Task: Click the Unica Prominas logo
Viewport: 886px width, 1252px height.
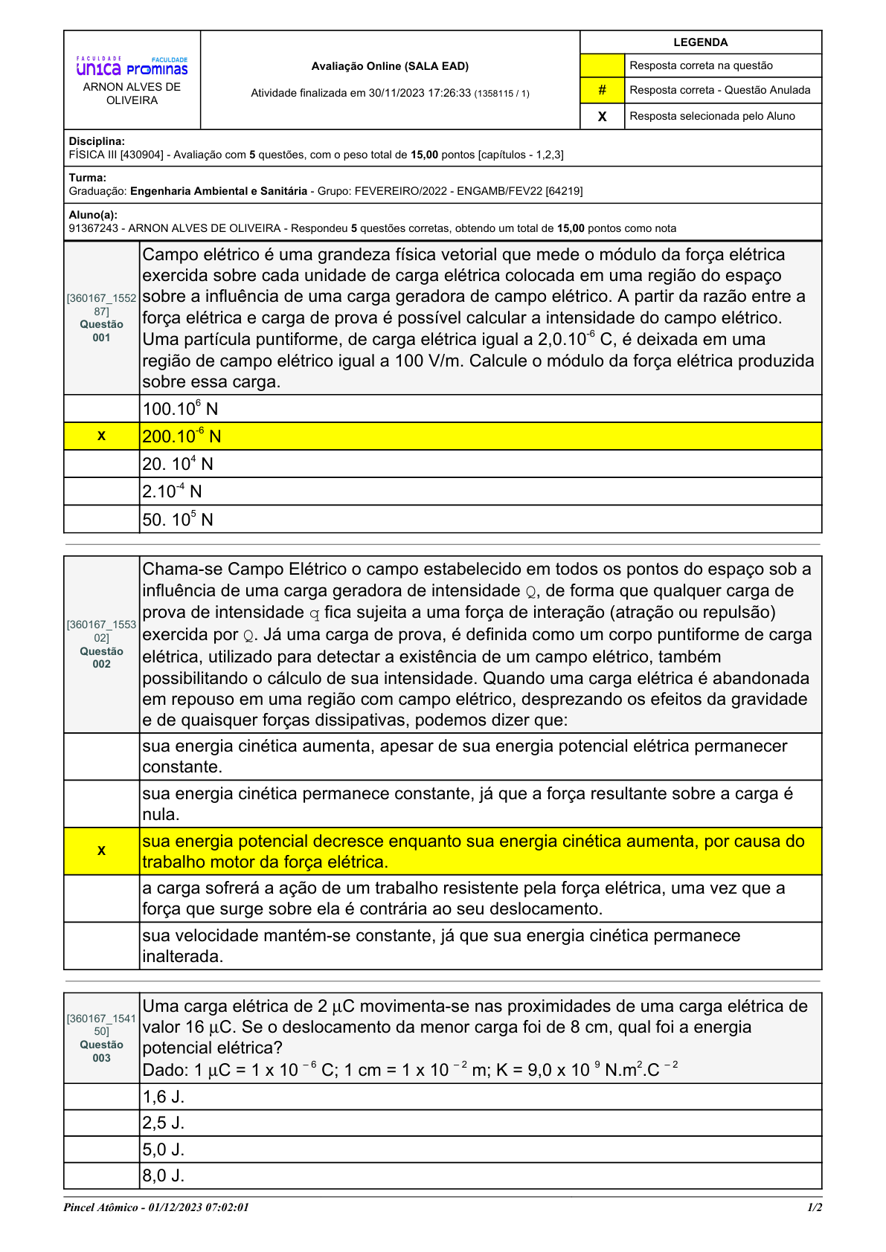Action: click(132, 67)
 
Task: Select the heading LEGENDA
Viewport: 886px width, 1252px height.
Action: click(700, 42)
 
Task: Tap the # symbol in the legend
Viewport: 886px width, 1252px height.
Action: click(602, 90)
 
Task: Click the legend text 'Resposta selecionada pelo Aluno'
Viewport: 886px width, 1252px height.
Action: click(712, 116)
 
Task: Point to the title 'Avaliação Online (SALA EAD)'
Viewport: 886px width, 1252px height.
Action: click(390, 66)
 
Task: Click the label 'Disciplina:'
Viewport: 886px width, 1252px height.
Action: click(97, 141)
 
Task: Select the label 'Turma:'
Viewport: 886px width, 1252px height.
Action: click(88, 178)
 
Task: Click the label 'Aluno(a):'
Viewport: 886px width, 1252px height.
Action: click(93, 215)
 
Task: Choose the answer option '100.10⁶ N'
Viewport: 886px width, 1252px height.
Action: click(180, 409)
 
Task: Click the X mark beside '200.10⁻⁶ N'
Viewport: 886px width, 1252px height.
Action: click(101, 436)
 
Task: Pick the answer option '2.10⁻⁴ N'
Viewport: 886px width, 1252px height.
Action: click(172, 491)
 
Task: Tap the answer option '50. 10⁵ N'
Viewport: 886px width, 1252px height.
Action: click(178, 520)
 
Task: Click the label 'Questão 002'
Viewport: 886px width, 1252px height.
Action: click(102, 657)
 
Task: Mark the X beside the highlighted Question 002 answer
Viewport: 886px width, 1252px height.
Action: click(101, 851)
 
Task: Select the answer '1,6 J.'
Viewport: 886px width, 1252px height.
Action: click(164, 1097)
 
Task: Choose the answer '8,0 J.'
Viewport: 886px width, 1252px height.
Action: click(164, 1175)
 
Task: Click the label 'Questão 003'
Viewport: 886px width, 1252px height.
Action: click(102, 1051)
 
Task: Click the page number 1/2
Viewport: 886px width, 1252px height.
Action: click(815, 1207)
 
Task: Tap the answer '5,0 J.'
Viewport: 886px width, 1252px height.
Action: click(164, 1149)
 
